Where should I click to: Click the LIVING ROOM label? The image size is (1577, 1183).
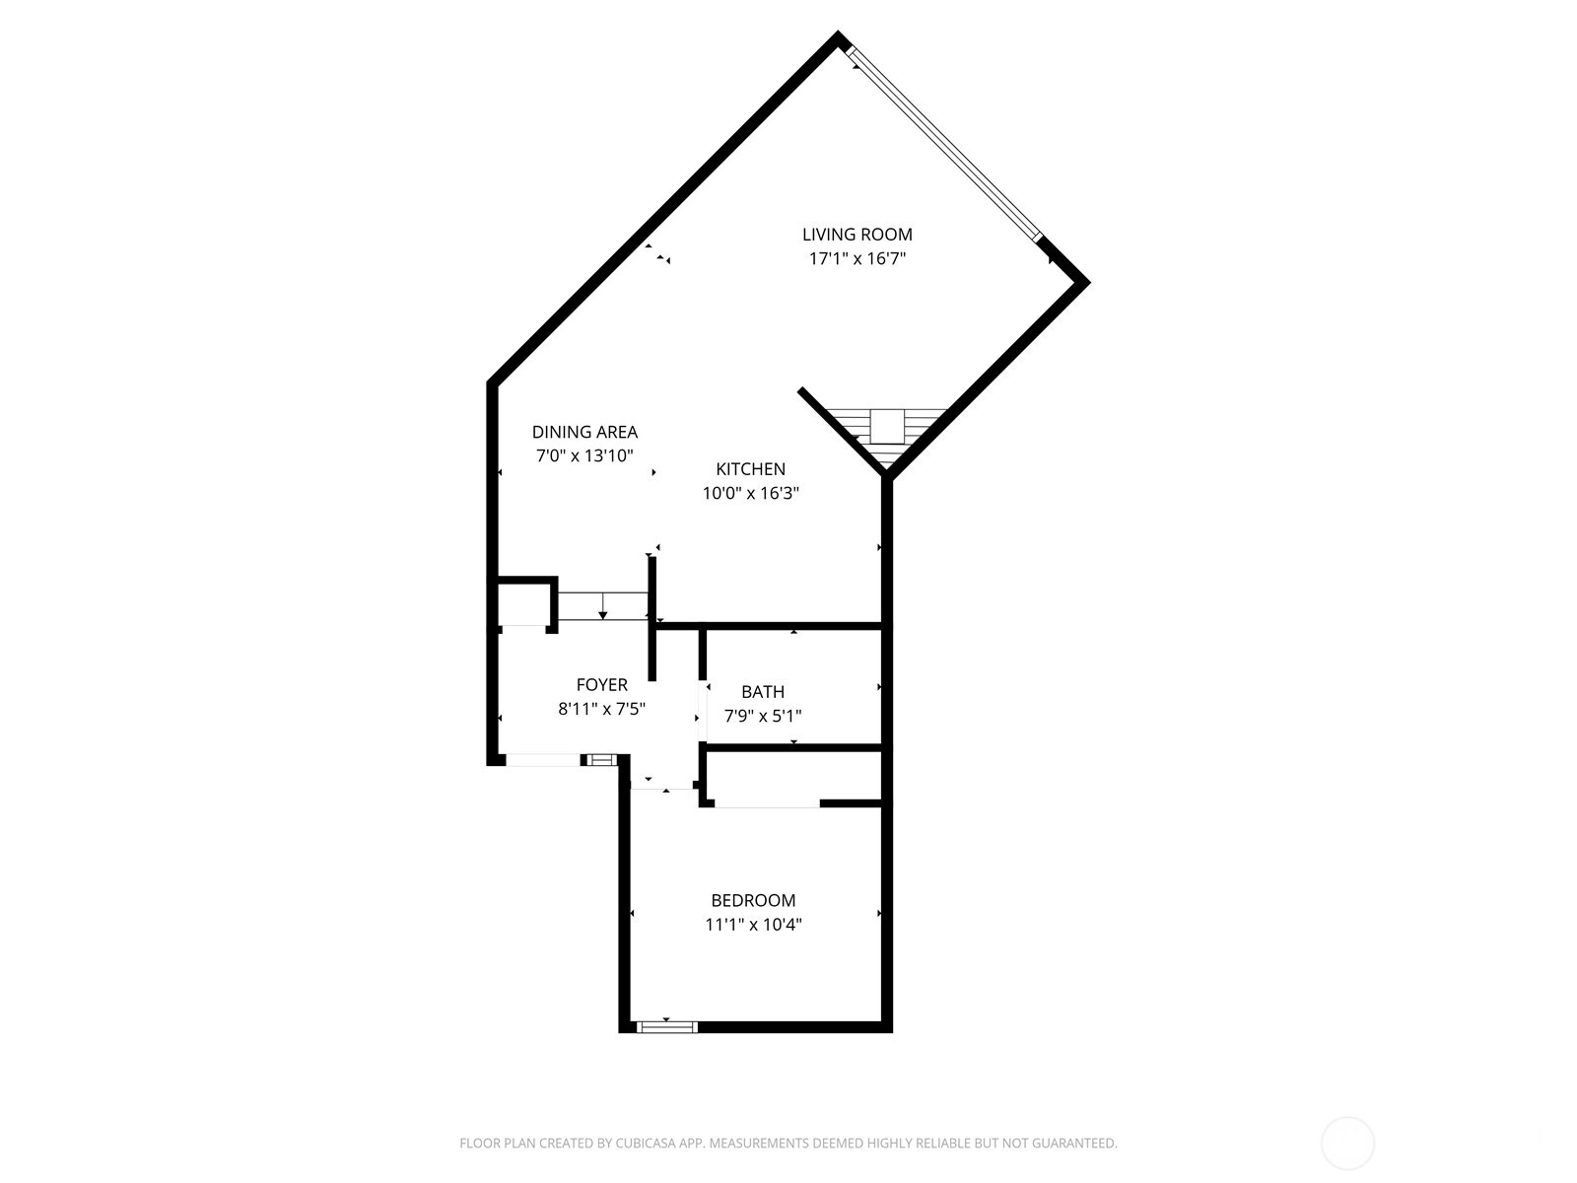[857, 235]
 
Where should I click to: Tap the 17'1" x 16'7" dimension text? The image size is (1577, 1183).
[857, 259]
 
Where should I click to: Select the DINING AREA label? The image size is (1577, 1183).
[584, 432]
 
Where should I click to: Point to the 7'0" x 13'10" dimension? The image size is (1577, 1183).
[584, 455]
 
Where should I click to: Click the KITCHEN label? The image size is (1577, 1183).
[750, 469]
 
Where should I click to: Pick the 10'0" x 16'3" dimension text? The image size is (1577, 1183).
[750, 494]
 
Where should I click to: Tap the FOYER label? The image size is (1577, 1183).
[601, 685]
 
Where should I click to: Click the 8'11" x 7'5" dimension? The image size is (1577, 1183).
[601, 709]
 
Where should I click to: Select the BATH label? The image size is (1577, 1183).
[763, 692]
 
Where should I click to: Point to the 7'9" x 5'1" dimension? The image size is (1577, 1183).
[763, 717]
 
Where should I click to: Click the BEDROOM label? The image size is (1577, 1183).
[753, 900]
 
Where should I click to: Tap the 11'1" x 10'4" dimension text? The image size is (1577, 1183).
[753, 925]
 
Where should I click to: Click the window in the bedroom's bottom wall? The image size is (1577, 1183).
[667, 1026]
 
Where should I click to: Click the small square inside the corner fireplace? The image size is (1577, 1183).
[886, 425]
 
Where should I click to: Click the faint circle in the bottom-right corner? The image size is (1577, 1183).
[1347, 1144]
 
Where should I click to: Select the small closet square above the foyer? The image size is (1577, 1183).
[522, 603]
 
